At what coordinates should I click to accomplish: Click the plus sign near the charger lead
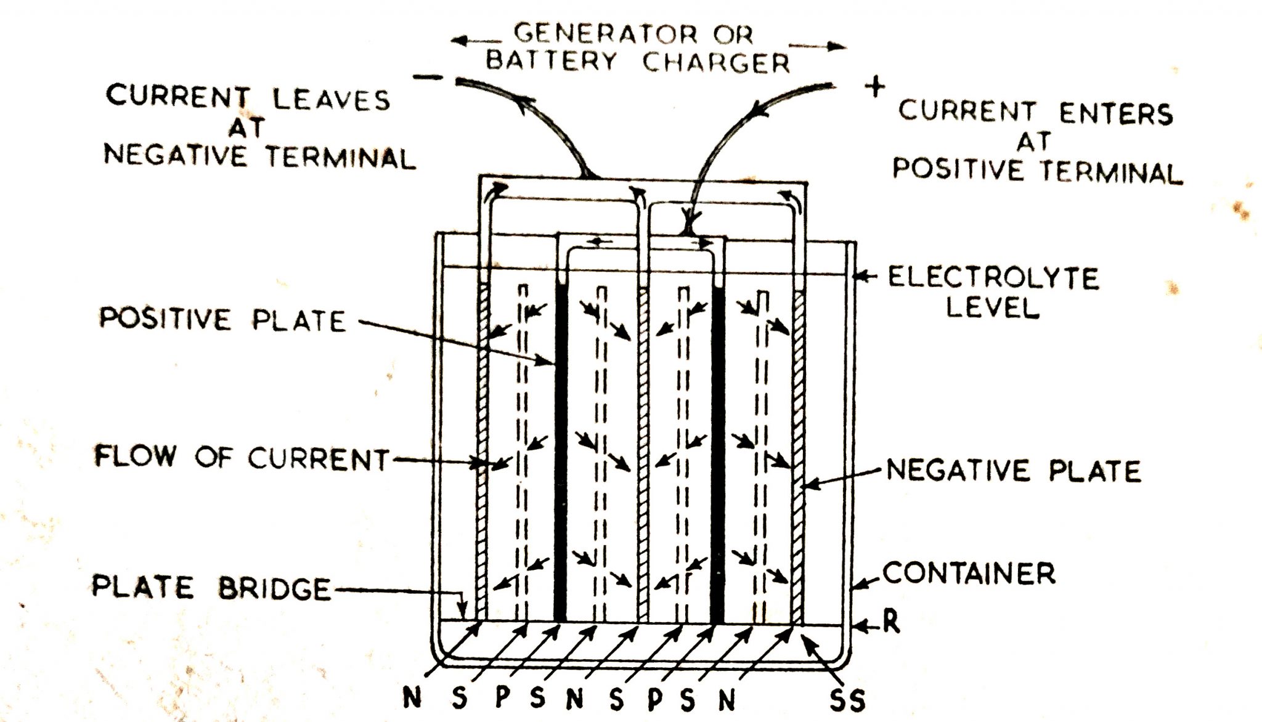[875, 87]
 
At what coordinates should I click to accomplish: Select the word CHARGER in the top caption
[715, 62]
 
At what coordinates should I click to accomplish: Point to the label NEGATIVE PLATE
[1014, 471]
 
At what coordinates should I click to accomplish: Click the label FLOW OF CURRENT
[242, 458]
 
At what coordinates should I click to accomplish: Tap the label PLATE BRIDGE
[211, 588]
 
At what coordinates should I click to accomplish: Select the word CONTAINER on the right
[969, 574]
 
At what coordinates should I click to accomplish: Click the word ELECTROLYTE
[993, 278]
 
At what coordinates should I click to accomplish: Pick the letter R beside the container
[891, 622]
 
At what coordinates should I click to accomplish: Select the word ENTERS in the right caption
[1115, 114]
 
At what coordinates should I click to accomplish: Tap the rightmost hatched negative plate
[798, 456]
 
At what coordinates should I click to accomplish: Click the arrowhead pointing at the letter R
[860, 627]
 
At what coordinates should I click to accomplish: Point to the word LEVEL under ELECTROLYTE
[993, 307]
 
